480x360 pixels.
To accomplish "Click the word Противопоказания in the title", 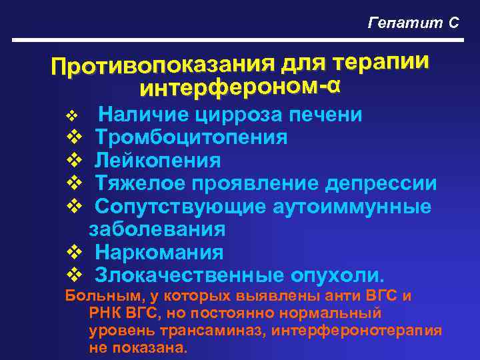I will click(160, 65).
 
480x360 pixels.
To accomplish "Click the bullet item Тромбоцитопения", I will click(191, 138).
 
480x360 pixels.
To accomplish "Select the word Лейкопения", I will click(157, 161).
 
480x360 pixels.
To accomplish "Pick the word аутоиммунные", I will click(352, 207).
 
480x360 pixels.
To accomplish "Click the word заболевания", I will click(157, 229).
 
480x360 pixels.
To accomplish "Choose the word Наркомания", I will click(159, 253).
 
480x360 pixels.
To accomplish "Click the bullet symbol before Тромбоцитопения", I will click(75, 138).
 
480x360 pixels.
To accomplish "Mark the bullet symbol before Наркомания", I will click(75, 253).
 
